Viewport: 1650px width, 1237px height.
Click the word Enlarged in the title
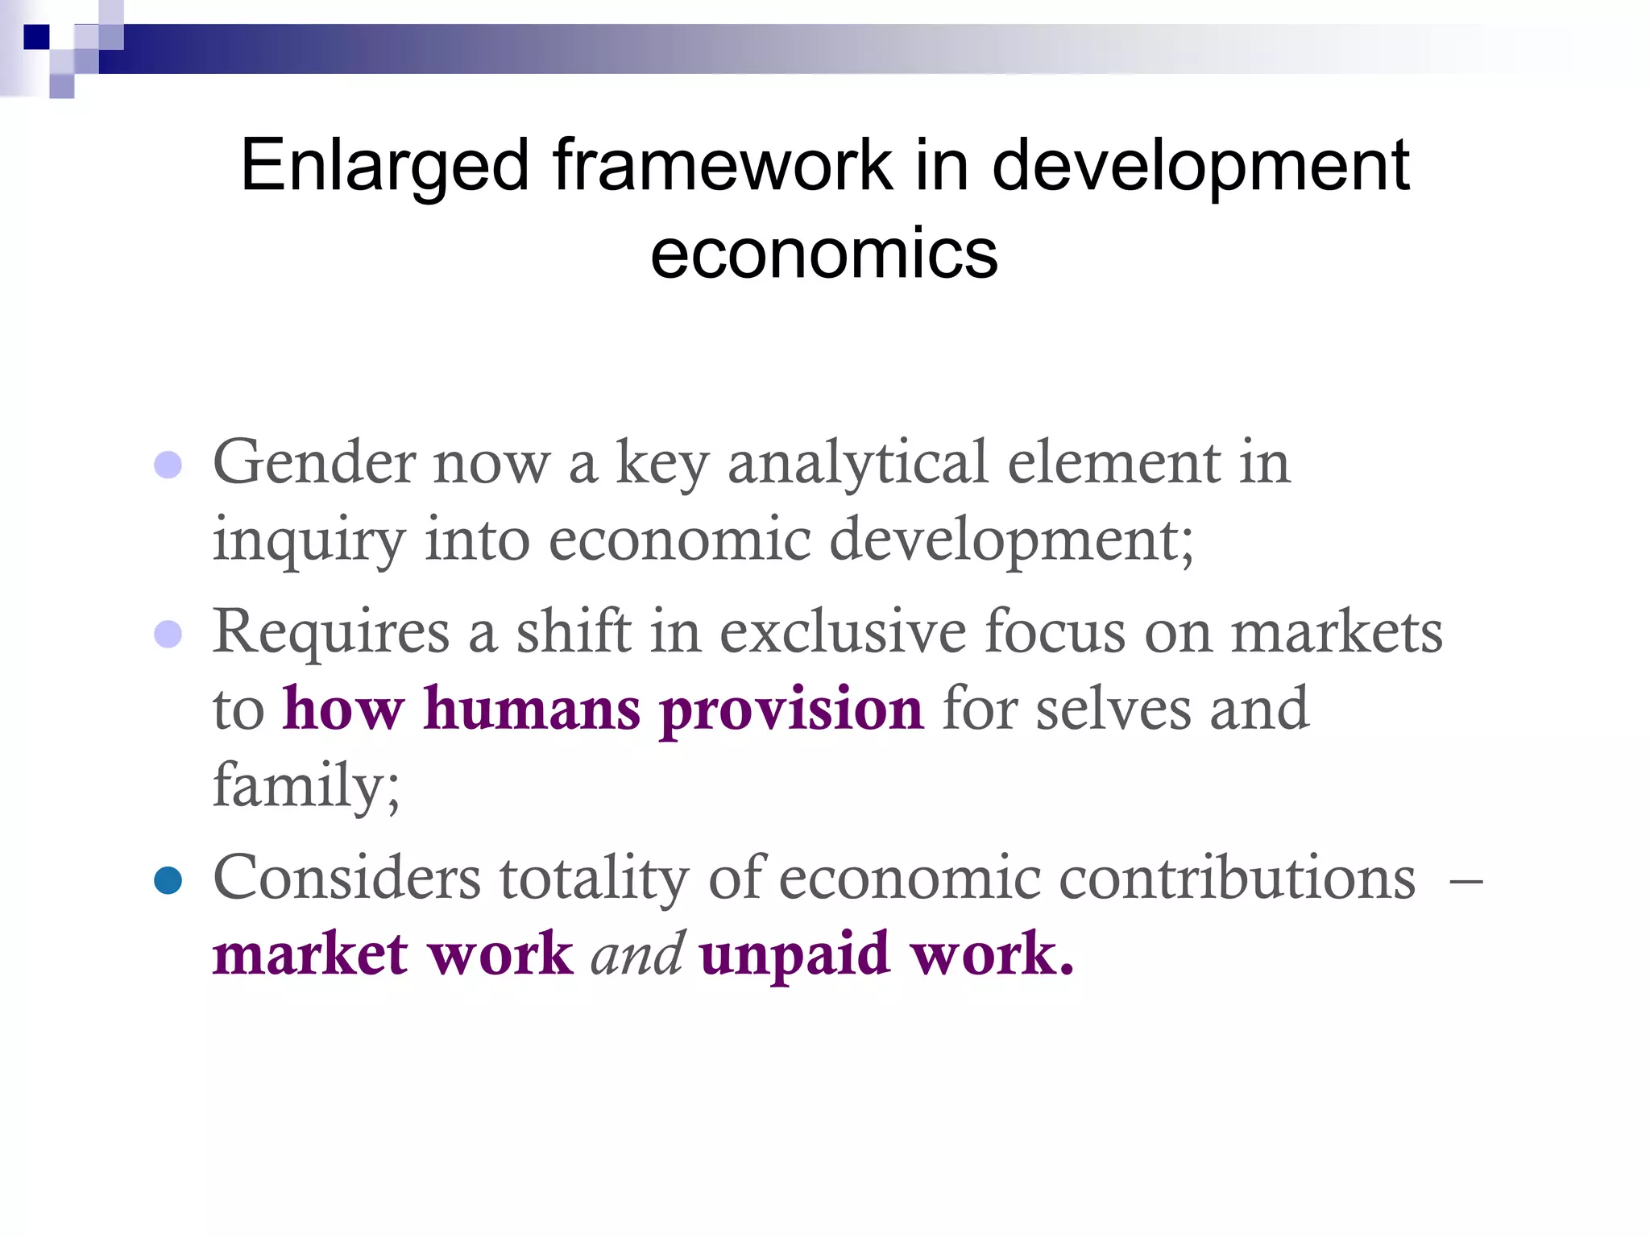tap(384, 167)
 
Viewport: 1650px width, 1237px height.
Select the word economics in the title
tap(824, 254)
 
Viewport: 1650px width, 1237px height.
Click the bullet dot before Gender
tap(168, 465)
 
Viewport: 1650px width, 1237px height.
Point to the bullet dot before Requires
tap(168, 634)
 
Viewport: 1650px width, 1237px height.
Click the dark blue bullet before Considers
tap(168, 880)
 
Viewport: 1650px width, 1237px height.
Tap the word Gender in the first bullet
tap(313, 464)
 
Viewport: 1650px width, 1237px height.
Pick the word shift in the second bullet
tap(574, 632)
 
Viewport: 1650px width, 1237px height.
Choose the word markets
tap(1337, 632)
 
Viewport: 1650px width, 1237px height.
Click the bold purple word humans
tap(532, 709)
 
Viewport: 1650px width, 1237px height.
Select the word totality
tap(594, 878)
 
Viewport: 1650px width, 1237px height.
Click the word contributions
tap(1237, 878)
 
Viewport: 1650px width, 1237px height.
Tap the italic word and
tap(637, 954)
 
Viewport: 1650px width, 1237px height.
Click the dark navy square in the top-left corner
tap(36, 37)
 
